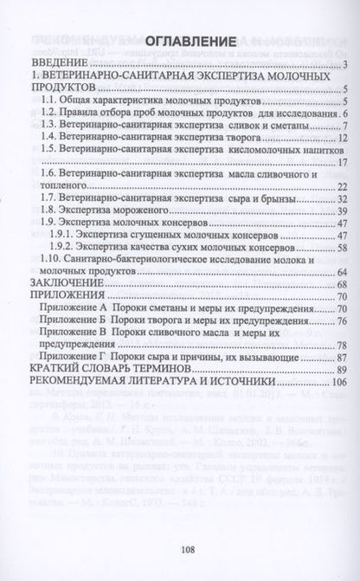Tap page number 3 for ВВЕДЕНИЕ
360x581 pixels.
click(344, 65)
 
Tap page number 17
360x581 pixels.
click(342, 162)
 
